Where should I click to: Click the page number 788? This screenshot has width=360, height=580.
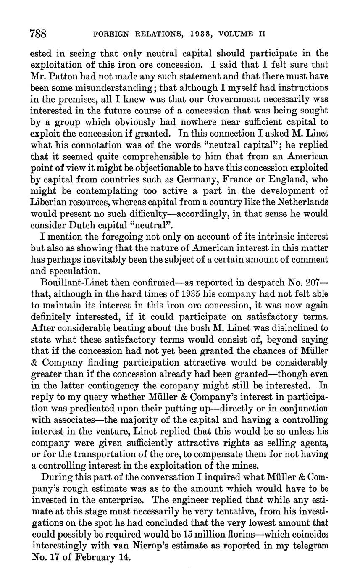pyautogui.click(x=38, y=33)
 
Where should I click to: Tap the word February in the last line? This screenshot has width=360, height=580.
pyautogui.click(x=98, y=558)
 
